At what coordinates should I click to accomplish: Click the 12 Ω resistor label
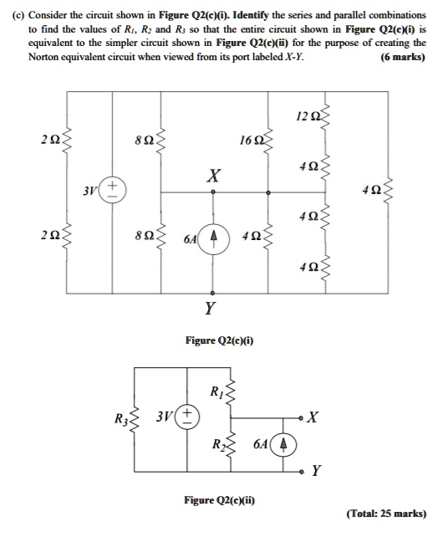308,117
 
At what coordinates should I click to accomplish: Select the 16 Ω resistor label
252,141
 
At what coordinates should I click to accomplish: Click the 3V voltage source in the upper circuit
113,189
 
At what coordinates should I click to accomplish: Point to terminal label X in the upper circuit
214,176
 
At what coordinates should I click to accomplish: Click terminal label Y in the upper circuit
210,308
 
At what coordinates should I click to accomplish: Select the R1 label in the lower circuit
216,391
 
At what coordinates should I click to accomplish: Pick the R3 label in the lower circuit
121,418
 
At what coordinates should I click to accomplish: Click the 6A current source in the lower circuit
283,444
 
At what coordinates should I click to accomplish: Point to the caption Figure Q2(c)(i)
219,340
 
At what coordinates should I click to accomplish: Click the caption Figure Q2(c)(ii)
219,500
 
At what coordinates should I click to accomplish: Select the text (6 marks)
403,57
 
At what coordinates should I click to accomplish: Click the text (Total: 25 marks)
386,514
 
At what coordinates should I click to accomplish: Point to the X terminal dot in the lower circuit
301,418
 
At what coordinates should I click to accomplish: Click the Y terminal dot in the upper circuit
212,293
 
